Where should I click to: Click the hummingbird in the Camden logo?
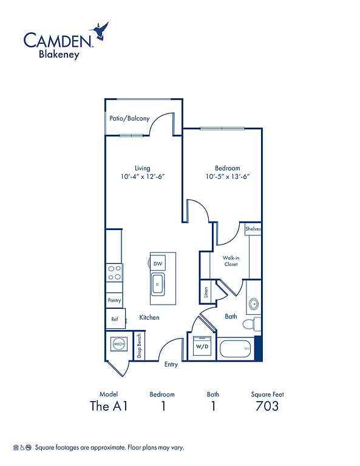[100, 30]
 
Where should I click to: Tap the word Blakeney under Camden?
[59, 55]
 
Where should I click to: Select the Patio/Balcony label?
[129, 118]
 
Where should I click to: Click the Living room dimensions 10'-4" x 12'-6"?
[143, 177]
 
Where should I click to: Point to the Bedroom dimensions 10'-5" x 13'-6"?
[228, 177]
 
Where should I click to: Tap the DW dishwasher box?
[158, 263]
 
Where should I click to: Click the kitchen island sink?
[158, 285]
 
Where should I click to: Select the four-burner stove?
[115, 273]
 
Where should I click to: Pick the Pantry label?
[115, 300]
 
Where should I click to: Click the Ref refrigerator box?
[115, 319]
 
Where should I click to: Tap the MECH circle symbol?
[119, 344]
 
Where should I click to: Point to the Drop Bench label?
[139, 346]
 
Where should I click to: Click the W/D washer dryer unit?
[202, 346]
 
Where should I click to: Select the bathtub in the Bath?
[236, 349]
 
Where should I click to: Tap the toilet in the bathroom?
[251, 323]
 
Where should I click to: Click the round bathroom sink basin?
[254, 304]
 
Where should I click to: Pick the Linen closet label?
[206, 292]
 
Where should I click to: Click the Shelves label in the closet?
[253, 229]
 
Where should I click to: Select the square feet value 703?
[267, 406]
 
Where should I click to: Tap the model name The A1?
[109, 406]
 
